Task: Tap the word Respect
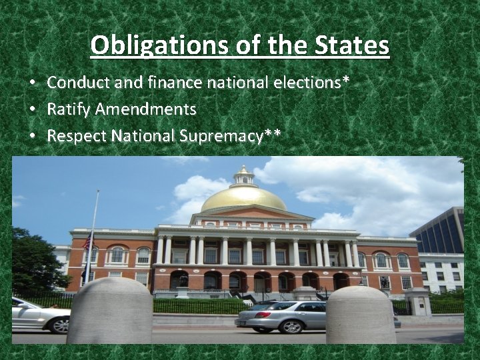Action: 77,136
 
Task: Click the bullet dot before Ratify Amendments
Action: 32,109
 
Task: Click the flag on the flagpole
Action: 87,242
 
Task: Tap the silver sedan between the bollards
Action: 281,316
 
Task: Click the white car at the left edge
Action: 40,315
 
